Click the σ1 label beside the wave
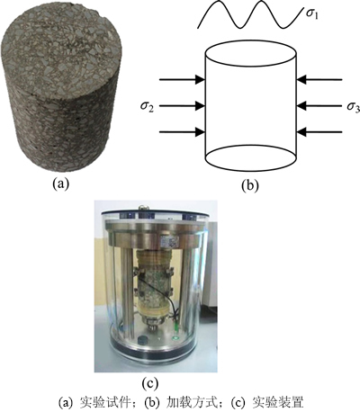point(312,14)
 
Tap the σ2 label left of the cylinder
point(147,106)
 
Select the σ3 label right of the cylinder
point(354,106)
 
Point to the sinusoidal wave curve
point(249,14)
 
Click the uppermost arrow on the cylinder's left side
point(182,80)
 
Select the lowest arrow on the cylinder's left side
point(182,132)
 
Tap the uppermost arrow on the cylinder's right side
point(319,80)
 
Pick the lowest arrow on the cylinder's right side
point(319,132)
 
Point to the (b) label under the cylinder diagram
point(249,185)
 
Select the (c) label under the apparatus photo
point(149,384)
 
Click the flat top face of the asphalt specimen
point(62,48)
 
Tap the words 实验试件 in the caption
point(108,402)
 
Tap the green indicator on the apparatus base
point(175,338)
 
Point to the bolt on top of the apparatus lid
point(143,207)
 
